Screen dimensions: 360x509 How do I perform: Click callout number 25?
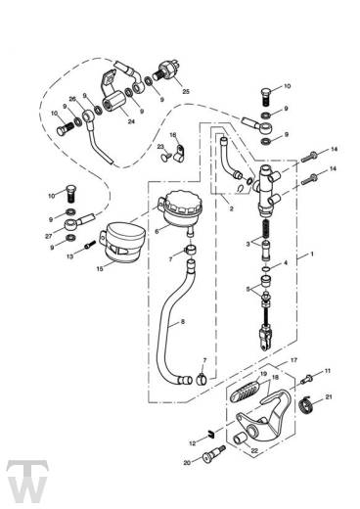pos(186,93)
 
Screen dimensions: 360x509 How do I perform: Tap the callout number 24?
pos(131,122)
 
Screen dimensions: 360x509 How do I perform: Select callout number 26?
pos(71,99)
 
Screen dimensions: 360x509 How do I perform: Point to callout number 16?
pos(172,135)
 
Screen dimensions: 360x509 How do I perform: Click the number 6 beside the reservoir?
pos(156,231)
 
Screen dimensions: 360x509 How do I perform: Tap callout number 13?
pos(70,256)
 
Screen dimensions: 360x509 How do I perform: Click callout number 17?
pos(266,360)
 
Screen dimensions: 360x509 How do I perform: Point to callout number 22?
pos(256,450)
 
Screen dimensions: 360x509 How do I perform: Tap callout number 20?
pos(186,462)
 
